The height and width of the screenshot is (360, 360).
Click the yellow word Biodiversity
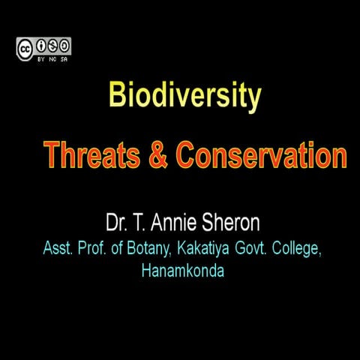184,97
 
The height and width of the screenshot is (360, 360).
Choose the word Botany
150,249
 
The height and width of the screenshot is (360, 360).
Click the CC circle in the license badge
25,47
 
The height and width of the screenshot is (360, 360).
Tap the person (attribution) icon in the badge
40,46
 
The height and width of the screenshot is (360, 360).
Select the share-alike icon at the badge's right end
64,46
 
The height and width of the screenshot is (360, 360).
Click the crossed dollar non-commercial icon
52,46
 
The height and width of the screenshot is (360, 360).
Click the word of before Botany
118,249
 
